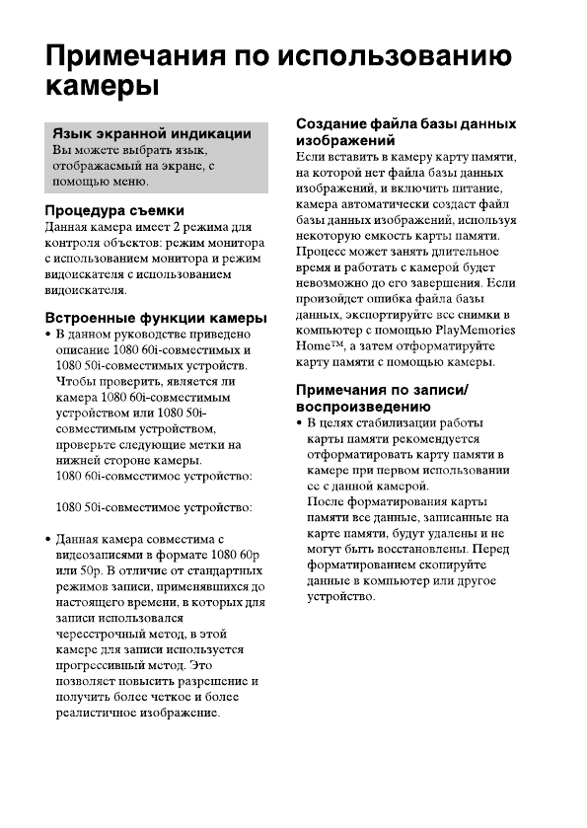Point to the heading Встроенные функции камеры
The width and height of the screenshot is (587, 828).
(157, 318)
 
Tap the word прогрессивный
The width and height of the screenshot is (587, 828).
(103, 665)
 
